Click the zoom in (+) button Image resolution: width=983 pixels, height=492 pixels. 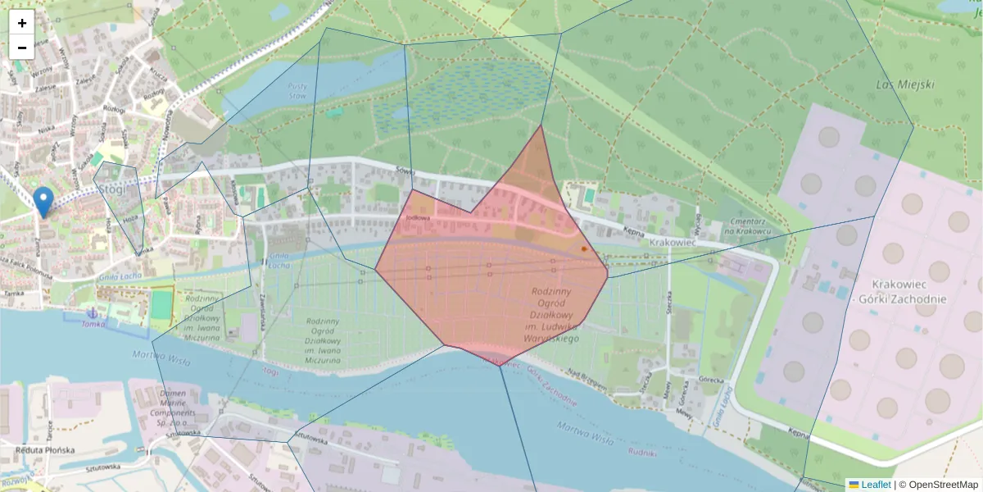(22, 23)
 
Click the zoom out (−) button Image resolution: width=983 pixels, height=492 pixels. (22, 48)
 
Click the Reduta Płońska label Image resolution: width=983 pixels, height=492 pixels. (45, 450)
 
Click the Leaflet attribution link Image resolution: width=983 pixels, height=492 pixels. (875, 485)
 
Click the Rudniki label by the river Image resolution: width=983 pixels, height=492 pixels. (642, 452)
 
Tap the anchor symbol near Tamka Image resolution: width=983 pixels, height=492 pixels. (93, 313)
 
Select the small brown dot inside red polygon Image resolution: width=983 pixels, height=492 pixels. (584, 248)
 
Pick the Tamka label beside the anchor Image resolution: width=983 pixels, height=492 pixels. (93, 324)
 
